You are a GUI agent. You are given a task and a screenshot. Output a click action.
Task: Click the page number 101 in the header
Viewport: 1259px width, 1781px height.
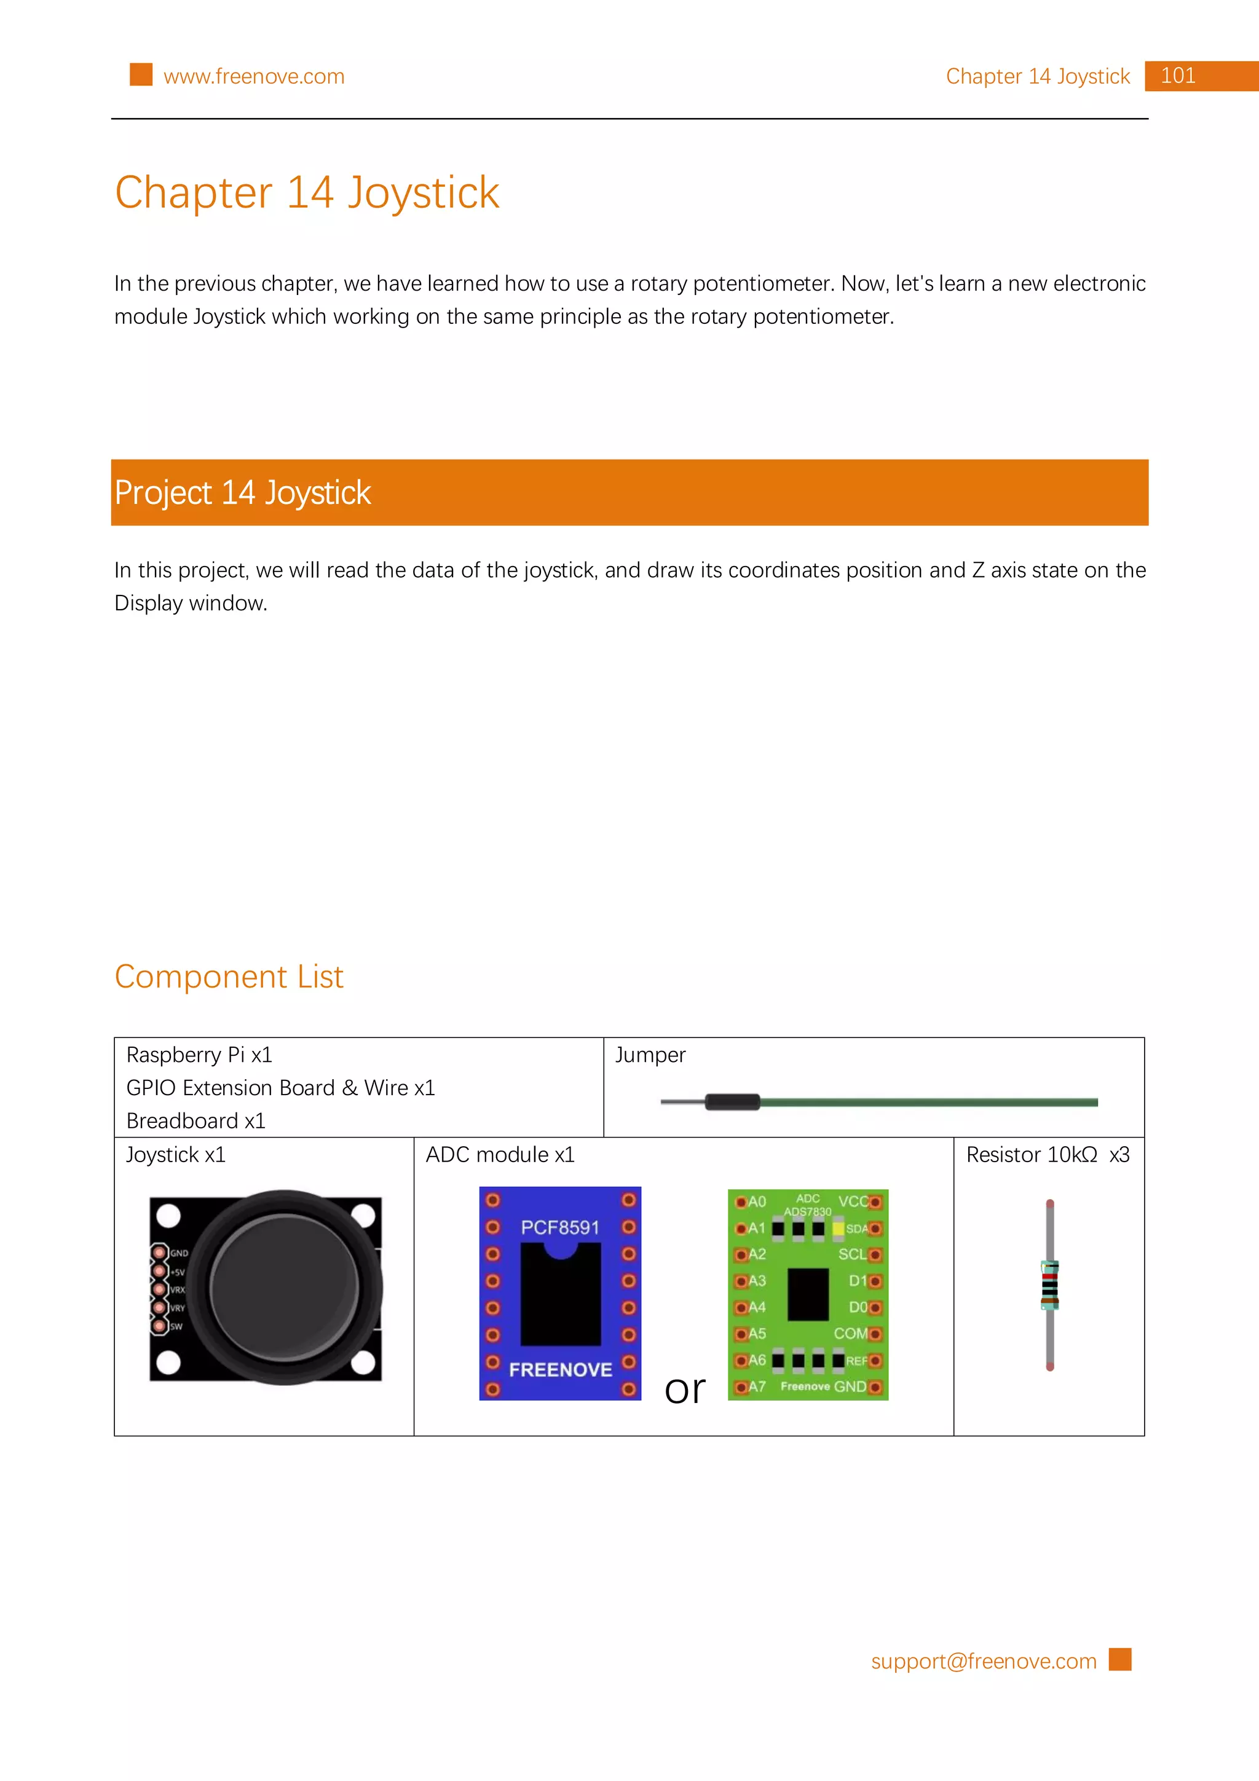point(1178,76)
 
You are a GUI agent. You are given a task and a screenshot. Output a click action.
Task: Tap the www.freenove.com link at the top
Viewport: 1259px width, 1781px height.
point(254,77)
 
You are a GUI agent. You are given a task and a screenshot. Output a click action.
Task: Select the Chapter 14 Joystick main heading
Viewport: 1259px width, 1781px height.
point(307,192)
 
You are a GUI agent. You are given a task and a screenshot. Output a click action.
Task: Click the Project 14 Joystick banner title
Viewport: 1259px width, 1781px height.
point(243,492)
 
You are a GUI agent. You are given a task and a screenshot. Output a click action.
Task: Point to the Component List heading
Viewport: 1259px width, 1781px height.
point(229,977)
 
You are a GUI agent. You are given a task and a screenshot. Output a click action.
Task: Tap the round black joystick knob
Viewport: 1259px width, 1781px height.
point(285,1288)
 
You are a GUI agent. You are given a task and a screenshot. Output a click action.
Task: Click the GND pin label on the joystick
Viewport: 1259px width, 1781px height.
point(179,1252)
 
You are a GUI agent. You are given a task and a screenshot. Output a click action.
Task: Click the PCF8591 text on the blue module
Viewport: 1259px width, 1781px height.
point(560,1227)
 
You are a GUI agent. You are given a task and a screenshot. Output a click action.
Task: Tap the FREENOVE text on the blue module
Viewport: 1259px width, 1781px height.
point(560,1370)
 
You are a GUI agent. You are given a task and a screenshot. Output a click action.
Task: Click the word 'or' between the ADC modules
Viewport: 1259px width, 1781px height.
point(685,1390)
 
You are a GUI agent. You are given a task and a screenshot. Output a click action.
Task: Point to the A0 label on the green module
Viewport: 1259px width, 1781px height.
point(756,1201)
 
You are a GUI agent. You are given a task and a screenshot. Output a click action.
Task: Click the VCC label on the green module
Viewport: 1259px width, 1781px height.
point(853,1201)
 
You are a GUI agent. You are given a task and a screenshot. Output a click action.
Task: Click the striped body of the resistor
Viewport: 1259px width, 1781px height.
point(1049,1285)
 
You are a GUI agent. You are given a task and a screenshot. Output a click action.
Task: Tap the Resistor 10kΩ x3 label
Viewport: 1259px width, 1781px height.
point(1048,1155)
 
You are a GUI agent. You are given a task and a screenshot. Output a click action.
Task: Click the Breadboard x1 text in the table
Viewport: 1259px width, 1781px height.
point(195,1121)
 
